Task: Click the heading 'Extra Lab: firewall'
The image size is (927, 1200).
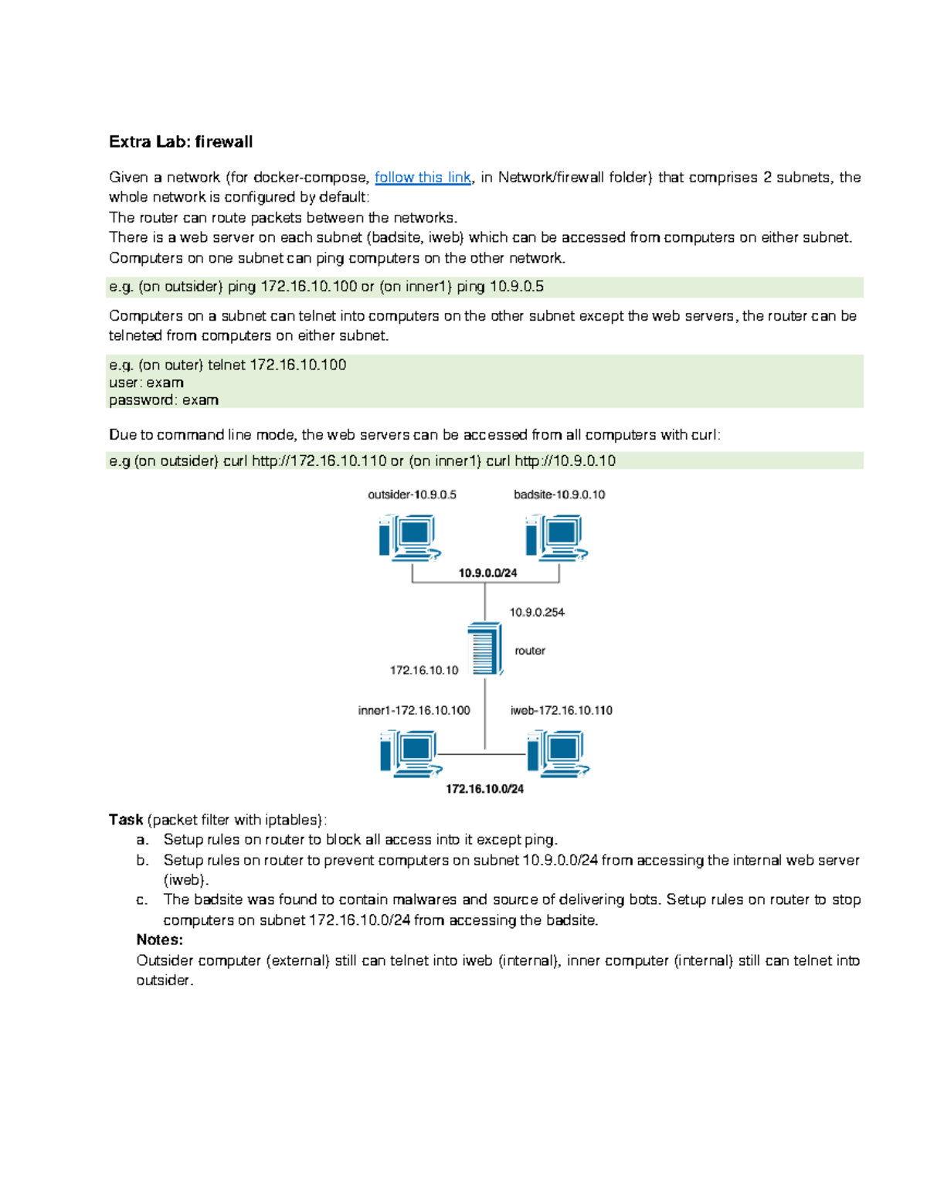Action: click(x=181, y=141)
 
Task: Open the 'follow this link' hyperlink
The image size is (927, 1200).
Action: click(x=423, y=177)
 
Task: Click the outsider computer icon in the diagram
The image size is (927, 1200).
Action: click(x=409, y=537)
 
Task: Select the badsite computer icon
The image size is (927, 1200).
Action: click(x=556, y=537)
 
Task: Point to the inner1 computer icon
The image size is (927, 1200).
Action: click(x=411, y=753)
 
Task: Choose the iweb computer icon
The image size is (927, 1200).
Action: click(x=558, y=753)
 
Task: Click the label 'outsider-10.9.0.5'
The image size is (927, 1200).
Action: click(x=412, y=495)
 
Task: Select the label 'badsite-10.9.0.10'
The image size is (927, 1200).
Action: click(x=559, y=495)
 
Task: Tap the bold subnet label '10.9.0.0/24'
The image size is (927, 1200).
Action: click(x=487, y=573)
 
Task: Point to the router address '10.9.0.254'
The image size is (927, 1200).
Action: click(x=537, y=612)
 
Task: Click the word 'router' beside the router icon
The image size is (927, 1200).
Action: click(x=530, y=651)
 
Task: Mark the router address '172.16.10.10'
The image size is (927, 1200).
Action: click(x=424, y=670)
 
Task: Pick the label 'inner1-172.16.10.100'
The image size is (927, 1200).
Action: click(x=414, y=710)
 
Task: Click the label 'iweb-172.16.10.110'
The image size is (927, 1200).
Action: click(x=562, y=710)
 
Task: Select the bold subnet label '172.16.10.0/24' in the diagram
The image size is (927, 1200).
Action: click(x=485, y=789)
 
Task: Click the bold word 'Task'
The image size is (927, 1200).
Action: click(x=126, y=819)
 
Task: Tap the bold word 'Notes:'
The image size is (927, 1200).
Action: click(x=160, y=940)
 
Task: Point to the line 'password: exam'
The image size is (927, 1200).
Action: click(x=164, y=400)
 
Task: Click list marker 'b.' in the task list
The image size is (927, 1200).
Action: click(x=142, y=860)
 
